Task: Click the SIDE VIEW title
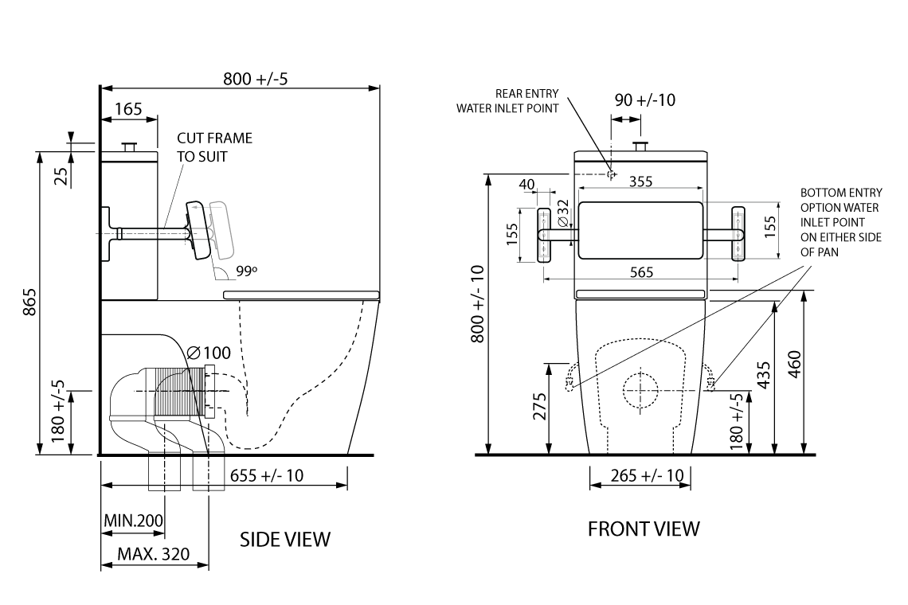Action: pos(284,539)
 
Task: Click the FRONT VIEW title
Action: pos(644,529)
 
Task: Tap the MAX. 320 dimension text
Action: pos(153,554)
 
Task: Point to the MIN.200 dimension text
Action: pos(134,521)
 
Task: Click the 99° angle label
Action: pos(247,271)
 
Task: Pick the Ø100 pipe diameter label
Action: pos(209,353)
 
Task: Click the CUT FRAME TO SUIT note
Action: pos(213,147)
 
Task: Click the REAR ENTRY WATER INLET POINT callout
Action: pos(507,101)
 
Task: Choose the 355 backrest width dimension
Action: pos(640,181)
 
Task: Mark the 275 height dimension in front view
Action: pos(538,408)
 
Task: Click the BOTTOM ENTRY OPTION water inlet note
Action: pos(840,222)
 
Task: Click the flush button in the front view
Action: pos(639,146)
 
